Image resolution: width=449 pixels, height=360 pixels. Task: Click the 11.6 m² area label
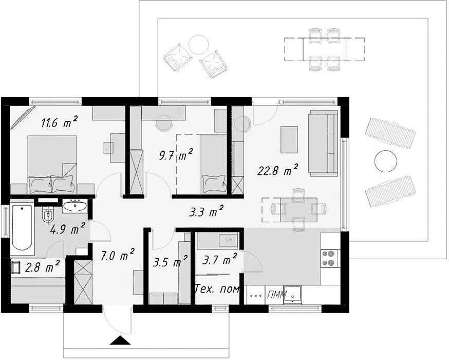[59, 122]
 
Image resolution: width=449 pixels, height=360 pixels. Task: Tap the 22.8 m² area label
[277, 170]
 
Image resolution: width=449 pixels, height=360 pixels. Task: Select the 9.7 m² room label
[176, 154]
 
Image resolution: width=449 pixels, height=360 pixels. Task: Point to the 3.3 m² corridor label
[206, 211]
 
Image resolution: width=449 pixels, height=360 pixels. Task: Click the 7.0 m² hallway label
[118, 255]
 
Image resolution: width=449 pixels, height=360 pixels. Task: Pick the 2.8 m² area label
[42, 266]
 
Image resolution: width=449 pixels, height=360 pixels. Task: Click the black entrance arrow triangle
[120, 340]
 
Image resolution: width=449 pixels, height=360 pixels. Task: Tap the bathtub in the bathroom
[22, 229]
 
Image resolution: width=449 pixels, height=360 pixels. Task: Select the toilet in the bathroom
[48, 214]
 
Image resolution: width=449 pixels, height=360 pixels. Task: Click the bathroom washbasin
[75, 206]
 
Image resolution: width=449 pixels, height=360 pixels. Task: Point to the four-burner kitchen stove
[329, 258]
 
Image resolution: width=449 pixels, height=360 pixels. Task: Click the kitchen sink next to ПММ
[292, 294]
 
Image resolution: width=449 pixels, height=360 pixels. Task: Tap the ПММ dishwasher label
[275, 294]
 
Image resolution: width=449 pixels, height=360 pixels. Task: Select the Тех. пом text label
[217, 289]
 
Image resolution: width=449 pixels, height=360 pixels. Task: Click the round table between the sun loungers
[386, 161]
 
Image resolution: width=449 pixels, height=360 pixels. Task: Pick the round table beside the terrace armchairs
[199, 45]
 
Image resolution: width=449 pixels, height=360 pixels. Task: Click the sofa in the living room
[323, 143]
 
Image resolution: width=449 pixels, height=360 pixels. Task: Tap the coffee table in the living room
[289, 139]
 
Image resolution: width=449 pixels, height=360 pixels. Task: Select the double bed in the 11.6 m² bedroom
[52, 165]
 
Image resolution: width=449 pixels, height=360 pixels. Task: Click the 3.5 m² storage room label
[170, 261]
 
